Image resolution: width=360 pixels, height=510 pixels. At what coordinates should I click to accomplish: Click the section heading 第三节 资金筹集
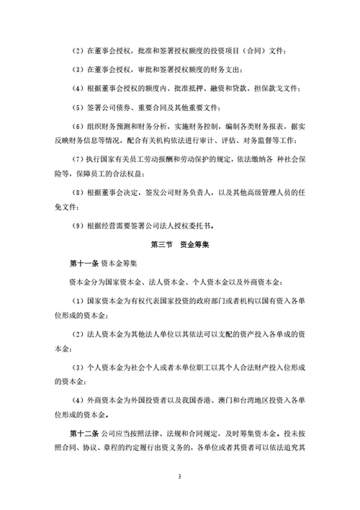click(179, 245)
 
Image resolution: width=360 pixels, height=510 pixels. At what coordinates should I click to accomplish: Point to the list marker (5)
click(79, 107)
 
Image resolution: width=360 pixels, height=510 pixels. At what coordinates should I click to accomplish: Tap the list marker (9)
click(79, 226)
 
